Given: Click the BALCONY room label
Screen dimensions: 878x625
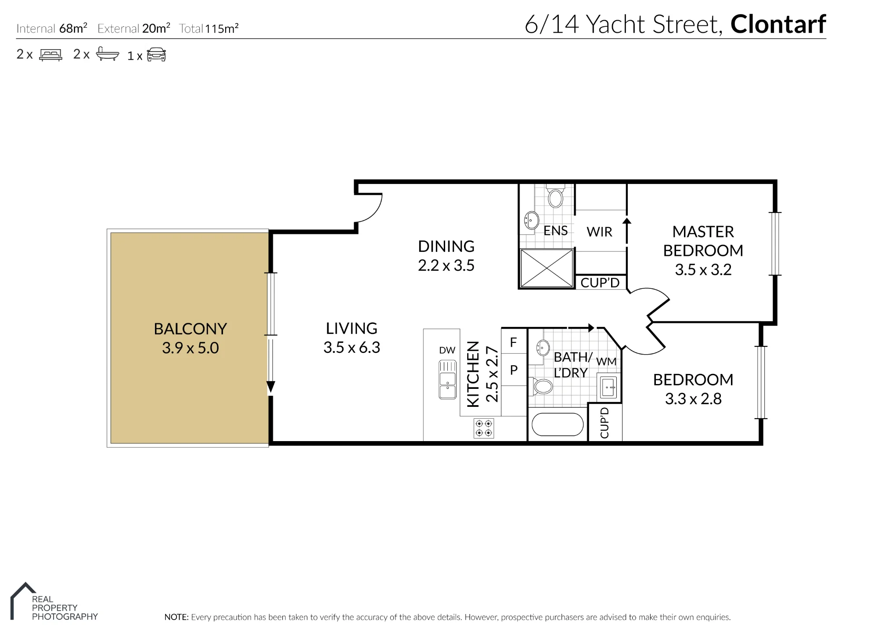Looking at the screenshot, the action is [190, 329].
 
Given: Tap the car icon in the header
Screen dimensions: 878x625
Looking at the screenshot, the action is [156, 54].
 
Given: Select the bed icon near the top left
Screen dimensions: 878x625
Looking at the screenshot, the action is [51, 54].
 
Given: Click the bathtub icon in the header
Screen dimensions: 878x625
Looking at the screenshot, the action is [108, 54].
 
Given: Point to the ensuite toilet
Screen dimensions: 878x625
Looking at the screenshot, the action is [556, 196].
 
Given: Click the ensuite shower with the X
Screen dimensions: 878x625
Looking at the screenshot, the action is [547, 268].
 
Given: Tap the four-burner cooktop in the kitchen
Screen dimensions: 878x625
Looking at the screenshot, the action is [484, 428].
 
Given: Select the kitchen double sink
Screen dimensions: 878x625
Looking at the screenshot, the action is [448, 380].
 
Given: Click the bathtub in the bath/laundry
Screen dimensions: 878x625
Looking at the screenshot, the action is [558, 424].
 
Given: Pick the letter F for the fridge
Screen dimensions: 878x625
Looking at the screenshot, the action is [513, 342].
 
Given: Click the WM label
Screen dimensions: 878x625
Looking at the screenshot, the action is [606, 362].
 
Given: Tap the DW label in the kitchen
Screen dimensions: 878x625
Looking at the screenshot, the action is [447, 350].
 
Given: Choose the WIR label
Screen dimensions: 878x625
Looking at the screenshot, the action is [599, 232].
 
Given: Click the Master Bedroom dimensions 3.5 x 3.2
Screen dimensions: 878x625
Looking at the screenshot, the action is [703, 269].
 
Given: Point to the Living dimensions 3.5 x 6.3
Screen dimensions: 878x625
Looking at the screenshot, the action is [352, 348].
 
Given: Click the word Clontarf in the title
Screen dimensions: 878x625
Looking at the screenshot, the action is [778, 24].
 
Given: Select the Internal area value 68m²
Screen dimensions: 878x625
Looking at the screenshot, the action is [73, 28].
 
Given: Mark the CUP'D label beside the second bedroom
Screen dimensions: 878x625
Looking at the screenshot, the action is [605, 423].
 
